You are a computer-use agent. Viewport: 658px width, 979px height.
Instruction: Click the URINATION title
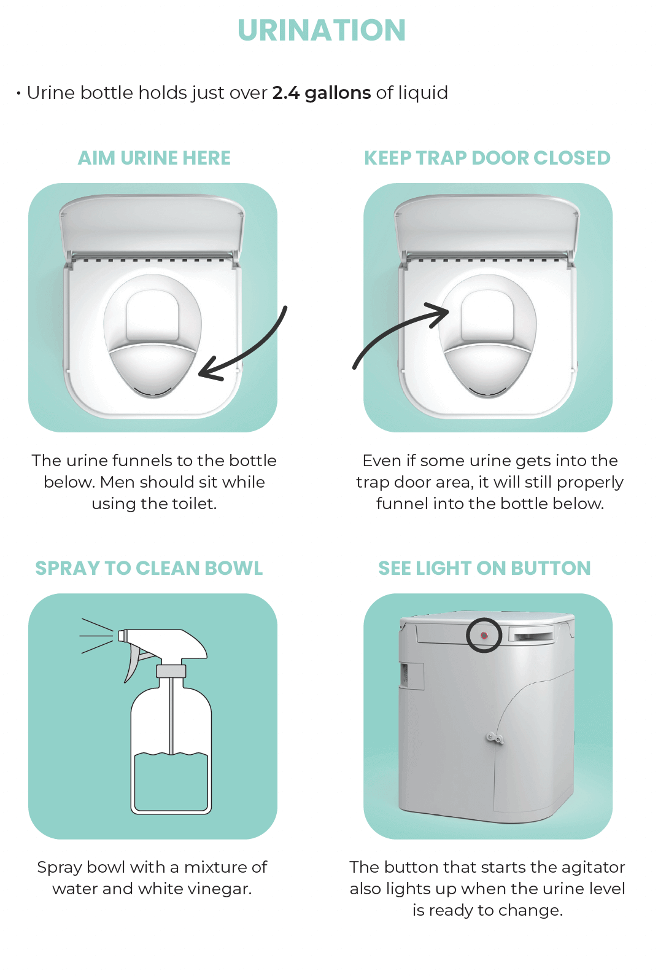[x=322, y=30]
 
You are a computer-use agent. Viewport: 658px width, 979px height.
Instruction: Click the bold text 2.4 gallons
[x=321, y=93]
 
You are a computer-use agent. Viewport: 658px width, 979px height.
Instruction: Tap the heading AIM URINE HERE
[x=154, y=158]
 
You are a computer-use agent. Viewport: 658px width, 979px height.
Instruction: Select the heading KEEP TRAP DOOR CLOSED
[x=487, y=158]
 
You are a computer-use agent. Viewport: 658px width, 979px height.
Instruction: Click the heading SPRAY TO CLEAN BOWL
[x=149, y=568]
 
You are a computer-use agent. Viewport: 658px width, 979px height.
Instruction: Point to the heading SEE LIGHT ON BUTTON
[x=484, y=568]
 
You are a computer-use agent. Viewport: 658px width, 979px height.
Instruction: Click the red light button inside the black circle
[x=484, y=635]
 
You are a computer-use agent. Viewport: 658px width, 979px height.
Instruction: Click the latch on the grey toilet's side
[x=494, y=738]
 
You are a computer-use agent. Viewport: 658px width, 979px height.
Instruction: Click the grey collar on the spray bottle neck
[x=171, y=671]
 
